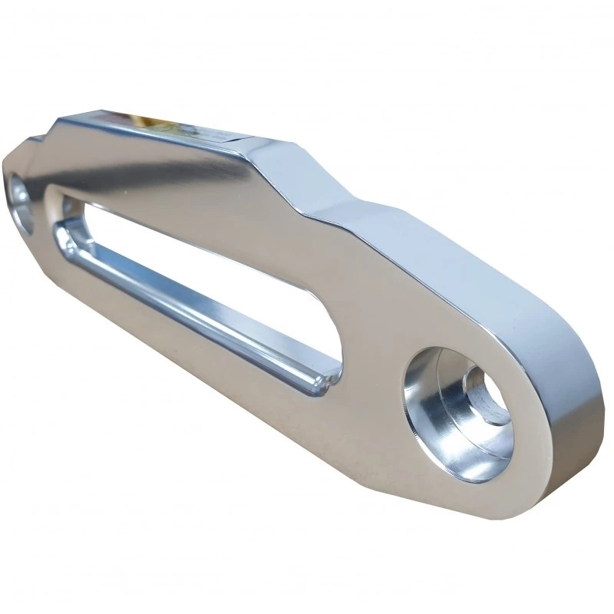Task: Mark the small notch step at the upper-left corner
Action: tap(35, 139)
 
